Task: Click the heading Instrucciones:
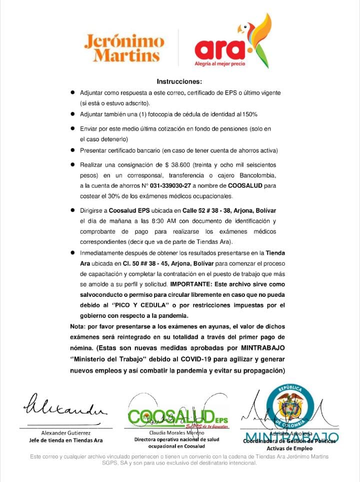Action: click(179, 81)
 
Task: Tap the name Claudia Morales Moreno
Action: click(176, 433)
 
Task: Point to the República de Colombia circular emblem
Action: click(289, 406)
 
